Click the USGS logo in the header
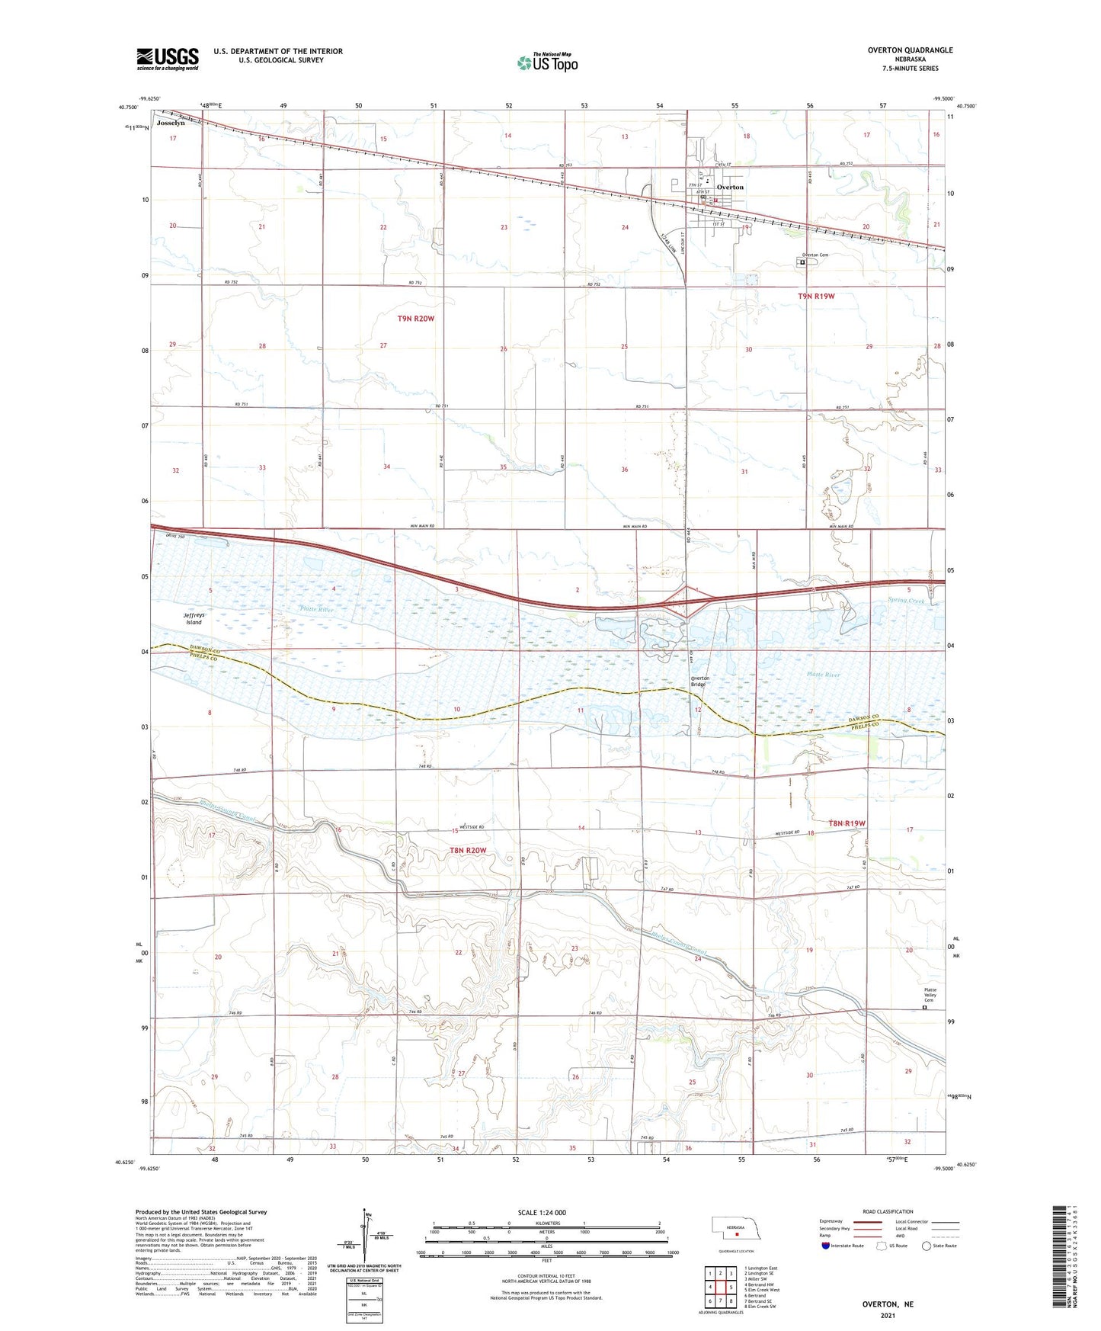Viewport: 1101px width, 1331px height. click(x=168, y=58)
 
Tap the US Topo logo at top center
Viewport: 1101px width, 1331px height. click(x=546, y=63)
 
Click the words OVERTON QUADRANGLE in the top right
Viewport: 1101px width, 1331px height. click(x=911, y=50)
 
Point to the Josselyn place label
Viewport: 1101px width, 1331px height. click(x=171, y=123)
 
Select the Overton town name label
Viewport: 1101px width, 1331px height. click(x=730, y=187)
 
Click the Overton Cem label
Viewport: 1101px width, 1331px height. click(x=813, y=255)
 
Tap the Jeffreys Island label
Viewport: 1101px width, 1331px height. click(x=194, y=618)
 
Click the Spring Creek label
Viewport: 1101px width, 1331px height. click(x=906, y=601)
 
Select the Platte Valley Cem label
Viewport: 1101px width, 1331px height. click(x=930, y=994)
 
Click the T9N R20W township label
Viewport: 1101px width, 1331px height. click(x=415, y=319)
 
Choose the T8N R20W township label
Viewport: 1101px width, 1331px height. click(x=468, y=850)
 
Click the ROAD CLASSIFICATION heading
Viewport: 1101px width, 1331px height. click(x=888, y=1211)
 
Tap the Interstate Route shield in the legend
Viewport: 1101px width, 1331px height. click(x=827, y=1245)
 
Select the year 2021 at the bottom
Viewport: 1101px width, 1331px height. click(x=888, y=1315)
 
